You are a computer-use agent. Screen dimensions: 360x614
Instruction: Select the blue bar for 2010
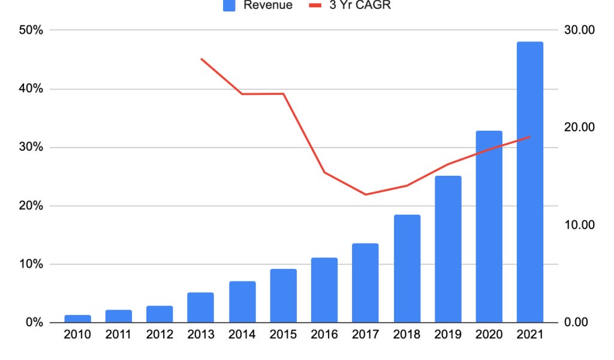(x=78, y=319)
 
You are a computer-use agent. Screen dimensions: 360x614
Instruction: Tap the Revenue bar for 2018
(x=407, y=268)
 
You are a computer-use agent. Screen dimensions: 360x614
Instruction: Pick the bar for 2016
(x=324, y=290)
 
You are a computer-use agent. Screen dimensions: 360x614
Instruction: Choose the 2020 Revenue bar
(x=489, y=226)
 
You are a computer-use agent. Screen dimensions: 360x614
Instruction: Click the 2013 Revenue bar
(x=201, y=307)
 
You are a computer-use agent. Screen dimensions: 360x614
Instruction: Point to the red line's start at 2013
(x=201, y=59)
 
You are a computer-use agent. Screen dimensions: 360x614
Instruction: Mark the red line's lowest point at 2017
(x=365, y=194)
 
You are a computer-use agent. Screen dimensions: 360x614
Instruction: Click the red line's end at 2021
(x=529, y=137)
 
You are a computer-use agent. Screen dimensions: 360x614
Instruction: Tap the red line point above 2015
(x=283, y=94)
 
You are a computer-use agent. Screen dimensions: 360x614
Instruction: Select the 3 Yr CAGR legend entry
(x=351, y=5)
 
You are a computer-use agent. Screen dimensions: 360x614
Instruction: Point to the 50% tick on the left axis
(x=31, y=30)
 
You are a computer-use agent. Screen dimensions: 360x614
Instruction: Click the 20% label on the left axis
(x=31, y=206)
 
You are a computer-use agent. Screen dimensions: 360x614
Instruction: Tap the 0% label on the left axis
(x=34, y=323)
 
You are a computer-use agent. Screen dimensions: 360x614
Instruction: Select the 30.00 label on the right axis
(x=579, y=30)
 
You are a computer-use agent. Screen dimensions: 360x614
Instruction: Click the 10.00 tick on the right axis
(x=579, y=225)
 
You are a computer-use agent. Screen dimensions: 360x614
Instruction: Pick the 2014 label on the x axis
(x=242, y=335)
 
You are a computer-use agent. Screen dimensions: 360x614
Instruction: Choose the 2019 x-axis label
(x=447, y=335)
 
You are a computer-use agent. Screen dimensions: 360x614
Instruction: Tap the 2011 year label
(x=119, y=335)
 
